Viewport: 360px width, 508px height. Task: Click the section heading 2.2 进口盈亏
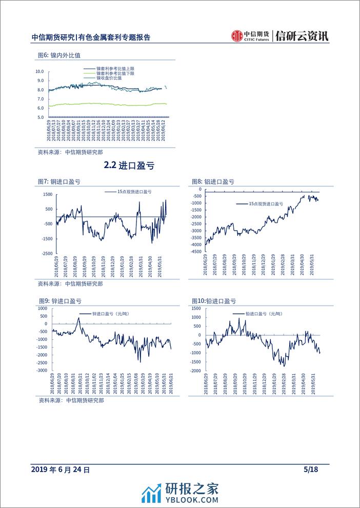coord(129,166)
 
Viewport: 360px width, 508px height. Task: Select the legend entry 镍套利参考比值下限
coord(115,73)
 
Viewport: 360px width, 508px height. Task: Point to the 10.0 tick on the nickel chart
coord(40,72)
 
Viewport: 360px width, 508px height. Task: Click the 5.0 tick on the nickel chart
coord(40,117)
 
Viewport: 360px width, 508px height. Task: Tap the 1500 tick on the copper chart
coord(48,194)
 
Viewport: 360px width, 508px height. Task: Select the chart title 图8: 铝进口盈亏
coord(213,182)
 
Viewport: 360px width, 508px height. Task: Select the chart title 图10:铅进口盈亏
coord(213,301)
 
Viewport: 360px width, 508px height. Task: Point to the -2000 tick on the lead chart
coord(195,370)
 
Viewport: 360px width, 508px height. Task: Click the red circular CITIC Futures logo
coord(237,36)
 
